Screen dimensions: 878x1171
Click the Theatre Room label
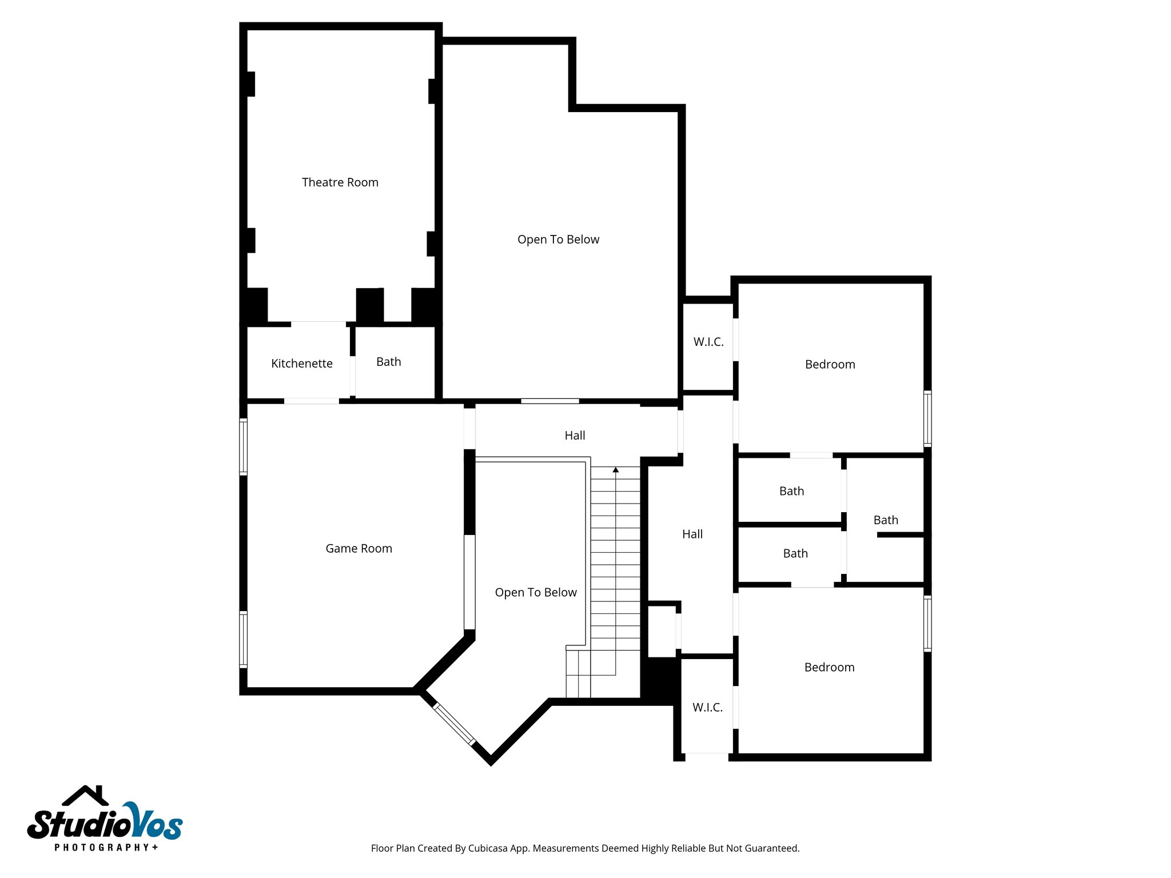(340, 182)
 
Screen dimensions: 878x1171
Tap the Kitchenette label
(301, 364)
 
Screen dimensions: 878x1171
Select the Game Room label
(359, 549)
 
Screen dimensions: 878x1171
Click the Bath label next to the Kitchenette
(388, 362)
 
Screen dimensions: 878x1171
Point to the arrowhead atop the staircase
(616, 470)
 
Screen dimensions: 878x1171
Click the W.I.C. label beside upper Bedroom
(708, 342)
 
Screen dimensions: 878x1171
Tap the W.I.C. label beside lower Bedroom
(707, 708)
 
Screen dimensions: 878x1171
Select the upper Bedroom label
(830, 365)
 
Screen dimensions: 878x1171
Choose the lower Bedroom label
(829, 668)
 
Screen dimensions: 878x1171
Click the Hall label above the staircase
(575, 436)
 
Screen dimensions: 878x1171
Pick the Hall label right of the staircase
(692, 534)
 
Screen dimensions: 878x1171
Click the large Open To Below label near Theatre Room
(558, 240)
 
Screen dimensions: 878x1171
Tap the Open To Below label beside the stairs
(535, 593)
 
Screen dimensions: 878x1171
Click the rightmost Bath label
(885, 520)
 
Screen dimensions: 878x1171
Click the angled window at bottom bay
(454, 724)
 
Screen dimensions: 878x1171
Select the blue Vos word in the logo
(154, 823)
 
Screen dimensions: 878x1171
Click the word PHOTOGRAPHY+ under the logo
(106, 847)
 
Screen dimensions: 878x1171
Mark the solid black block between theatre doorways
(369, 305)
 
